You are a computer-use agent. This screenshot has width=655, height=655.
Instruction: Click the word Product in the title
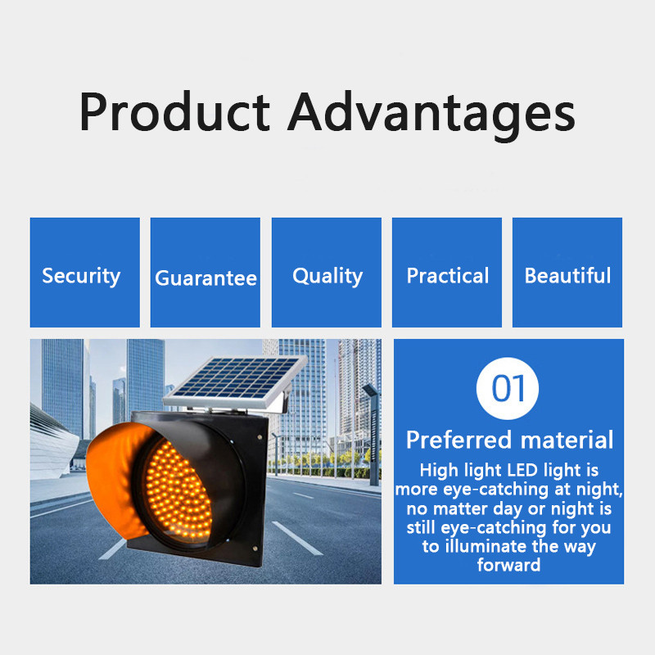click(174, 112)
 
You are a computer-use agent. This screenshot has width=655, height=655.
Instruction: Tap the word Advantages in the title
click(431, 115)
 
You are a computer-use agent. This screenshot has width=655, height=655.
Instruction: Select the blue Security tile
click(85, 273)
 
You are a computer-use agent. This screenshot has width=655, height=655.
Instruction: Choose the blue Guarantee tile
click(206, 273)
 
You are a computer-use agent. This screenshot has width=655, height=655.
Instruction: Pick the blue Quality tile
click(326, 273)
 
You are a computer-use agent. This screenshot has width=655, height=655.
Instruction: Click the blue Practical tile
click(447, 273)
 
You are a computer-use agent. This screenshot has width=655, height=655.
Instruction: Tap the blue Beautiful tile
click(567, 273)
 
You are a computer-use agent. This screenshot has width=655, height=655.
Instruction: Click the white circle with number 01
click(508, 388)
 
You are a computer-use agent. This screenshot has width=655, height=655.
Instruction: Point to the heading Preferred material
click(509, 440)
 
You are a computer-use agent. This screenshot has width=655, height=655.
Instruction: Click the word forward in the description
click(508, 565)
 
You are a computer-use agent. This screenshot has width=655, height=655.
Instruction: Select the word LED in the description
click(522, 470)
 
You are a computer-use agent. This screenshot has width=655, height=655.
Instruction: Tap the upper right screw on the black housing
click(260, 437)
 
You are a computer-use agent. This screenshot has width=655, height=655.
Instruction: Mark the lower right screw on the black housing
click(255, 549)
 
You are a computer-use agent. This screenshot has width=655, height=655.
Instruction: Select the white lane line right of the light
click(297, 538)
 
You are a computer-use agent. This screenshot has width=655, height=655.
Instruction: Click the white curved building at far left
click(52, 443)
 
